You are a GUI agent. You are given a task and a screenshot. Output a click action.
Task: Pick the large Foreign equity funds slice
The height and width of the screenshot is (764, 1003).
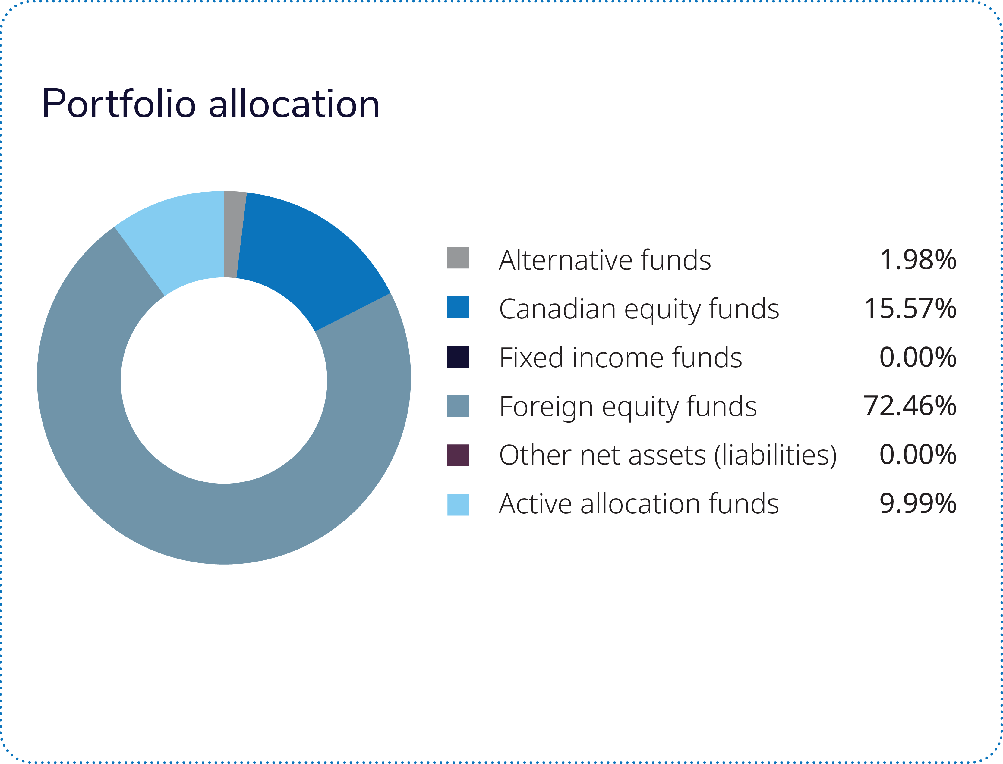tap(219, 523)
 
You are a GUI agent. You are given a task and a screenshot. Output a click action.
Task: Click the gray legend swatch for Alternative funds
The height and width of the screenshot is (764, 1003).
tap(458, 258)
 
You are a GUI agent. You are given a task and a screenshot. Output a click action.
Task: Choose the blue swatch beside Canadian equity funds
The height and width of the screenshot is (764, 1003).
tap(458, 307)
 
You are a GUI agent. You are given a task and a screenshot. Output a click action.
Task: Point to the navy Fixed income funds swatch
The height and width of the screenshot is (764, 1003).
tap(458, 356)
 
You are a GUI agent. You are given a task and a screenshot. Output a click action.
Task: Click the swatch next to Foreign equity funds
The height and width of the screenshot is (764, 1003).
tap(458, 405)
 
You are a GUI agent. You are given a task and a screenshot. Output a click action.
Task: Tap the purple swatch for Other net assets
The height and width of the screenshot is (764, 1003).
tap(458, 455)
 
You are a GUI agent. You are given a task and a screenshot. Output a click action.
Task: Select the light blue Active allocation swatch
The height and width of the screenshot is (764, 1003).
tap(458, 504)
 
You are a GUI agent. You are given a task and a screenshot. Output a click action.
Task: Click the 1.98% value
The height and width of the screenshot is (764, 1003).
tap(917, 260)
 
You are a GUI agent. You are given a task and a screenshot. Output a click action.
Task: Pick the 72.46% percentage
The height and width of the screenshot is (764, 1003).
tap(910, 405)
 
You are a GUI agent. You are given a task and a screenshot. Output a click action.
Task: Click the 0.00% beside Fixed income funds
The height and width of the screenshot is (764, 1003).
tap(917, 357)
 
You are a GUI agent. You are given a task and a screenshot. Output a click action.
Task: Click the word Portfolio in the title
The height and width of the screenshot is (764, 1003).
tap(118, 105)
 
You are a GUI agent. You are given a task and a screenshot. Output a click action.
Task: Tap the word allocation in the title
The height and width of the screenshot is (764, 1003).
tap(294, 105)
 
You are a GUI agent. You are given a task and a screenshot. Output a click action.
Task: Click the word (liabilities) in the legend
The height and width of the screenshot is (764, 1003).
tap(775, 455)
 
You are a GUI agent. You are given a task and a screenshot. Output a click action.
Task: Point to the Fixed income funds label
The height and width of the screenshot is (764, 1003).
tap(620, 357)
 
